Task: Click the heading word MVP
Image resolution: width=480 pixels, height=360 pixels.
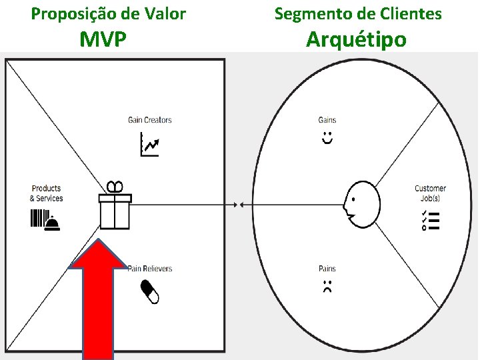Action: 103,39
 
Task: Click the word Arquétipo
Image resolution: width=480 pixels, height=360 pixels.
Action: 356,39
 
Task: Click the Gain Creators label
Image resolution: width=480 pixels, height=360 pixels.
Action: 149,120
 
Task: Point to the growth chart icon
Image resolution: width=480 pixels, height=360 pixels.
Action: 149,144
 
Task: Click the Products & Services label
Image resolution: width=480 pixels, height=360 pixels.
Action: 46,193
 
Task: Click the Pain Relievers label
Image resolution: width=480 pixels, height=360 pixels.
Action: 150,269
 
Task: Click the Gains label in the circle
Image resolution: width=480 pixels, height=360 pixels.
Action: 327,120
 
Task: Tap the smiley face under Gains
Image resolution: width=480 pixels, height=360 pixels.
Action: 327,138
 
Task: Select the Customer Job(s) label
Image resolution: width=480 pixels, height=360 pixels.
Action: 430,193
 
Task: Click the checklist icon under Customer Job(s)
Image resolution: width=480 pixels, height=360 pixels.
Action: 430,219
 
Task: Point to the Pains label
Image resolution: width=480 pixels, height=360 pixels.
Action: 327,269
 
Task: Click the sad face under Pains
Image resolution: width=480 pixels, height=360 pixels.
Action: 327,287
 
